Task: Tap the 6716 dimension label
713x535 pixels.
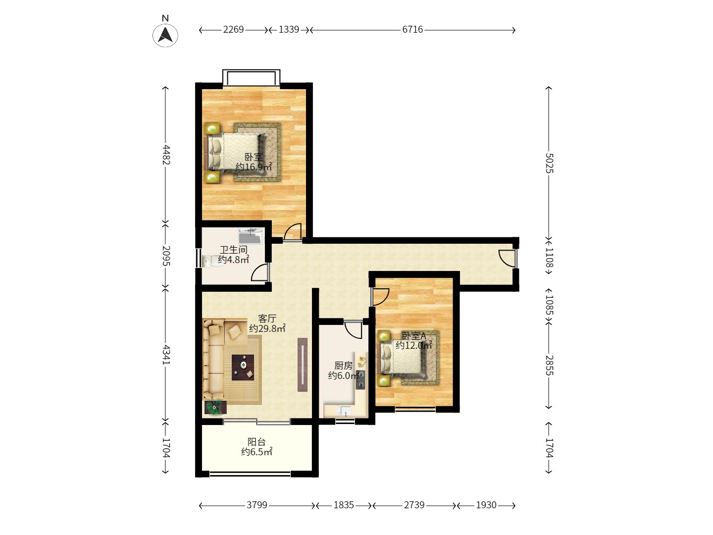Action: coord(412,30)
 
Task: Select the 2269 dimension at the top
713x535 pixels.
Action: coord(233,30)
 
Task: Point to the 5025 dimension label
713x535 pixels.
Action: coord(549,163)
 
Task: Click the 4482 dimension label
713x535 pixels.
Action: coord(166,155)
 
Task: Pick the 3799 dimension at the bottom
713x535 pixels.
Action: coord(256,505)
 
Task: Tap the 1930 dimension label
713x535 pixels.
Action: coord(486,505)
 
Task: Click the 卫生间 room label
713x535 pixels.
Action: coord(234,250)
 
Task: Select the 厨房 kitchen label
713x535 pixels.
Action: coord(343,366)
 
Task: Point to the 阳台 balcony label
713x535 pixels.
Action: coord(256,442)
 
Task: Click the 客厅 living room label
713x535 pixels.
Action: coord(267,319)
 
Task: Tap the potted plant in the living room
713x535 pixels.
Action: coord(215,407)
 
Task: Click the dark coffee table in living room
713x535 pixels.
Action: coord(243,368)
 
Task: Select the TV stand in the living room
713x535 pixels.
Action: coord(302,365)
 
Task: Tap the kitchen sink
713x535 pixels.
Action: coord(344,411)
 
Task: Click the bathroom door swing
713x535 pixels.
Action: coord(260,272)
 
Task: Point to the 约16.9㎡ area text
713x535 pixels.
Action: coord(254,167)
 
